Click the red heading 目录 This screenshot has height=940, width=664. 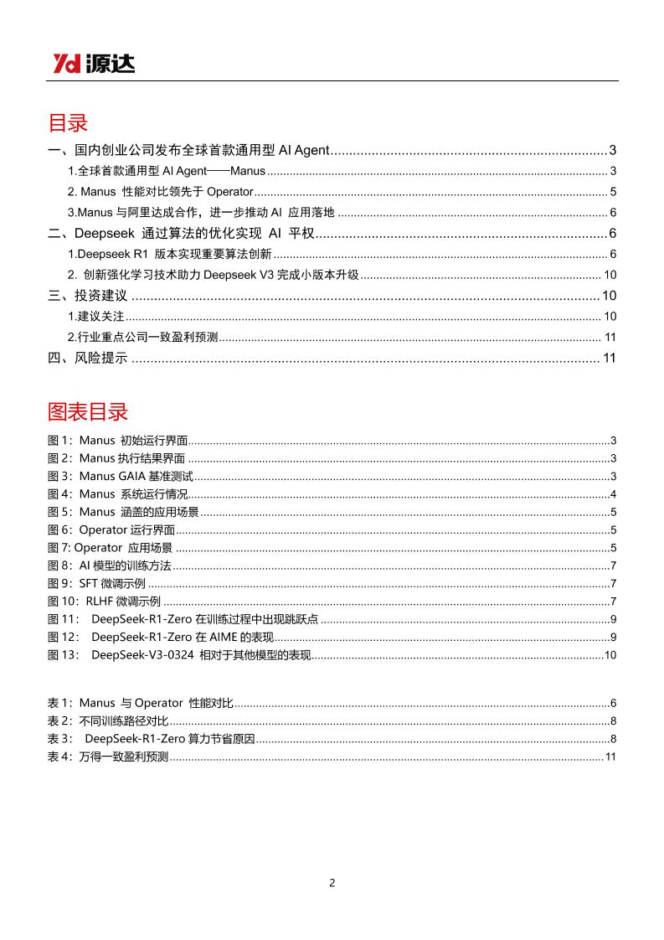(x=68, y=124)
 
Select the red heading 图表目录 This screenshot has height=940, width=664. (x=88, y=412)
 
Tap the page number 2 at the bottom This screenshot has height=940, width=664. (x=332, y=883)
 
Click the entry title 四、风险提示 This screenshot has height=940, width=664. (x=88, y=359)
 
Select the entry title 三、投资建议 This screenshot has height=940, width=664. (x=88, y=296)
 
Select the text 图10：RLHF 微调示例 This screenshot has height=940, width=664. (x=104, y=602)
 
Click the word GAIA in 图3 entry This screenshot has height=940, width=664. (x=132, y=476)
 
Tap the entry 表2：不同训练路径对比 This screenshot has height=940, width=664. (x=108, y=720)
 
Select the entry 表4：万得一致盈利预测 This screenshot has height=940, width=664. (x=108, y=757)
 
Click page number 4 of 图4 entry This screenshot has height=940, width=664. (x=614, y=493)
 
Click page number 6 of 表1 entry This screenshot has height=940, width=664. (x=614, y=703)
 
